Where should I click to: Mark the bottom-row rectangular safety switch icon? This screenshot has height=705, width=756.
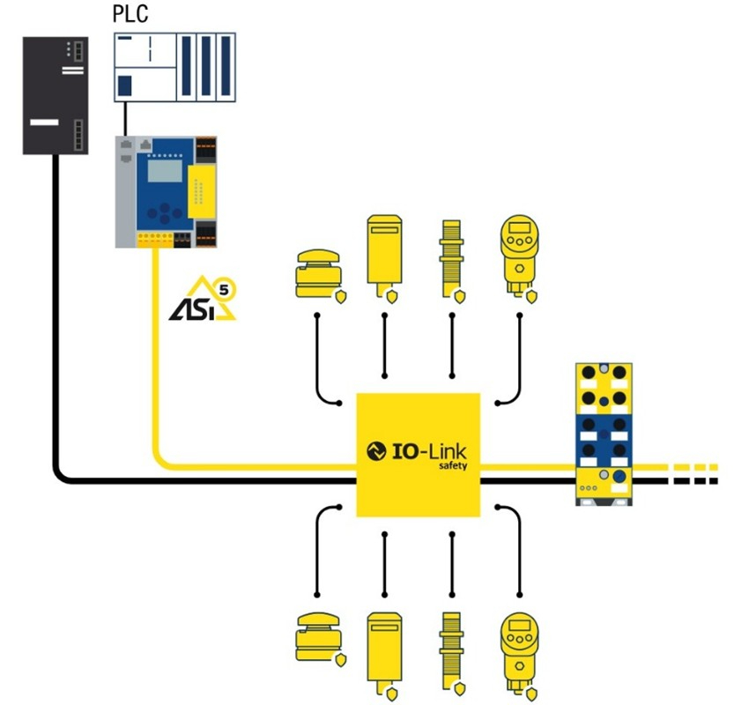383,647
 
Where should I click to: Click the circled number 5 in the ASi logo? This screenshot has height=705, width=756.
232,286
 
